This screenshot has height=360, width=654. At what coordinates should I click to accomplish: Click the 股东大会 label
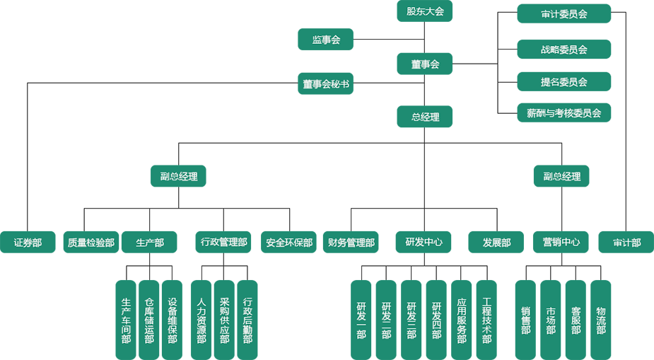coord(425,11)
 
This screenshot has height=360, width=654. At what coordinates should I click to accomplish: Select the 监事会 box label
coord(326,40)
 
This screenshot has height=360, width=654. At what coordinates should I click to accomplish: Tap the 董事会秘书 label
coord(326,84)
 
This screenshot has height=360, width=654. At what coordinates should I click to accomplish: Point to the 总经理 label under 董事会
coord(425,117)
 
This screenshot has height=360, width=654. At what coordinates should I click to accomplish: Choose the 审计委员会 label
coord(564,14)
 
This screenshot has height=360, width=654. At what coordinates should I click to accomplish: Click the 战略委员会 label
coord(564,50)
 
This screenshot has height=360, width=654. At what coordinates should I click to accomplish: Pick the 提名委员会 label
coord(564,82)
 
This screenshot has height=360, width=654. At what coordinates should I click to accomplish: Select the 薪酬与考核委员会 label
coord(564,113)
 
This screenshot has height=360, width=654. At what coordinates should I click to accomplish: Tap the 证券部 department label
coord(28,243)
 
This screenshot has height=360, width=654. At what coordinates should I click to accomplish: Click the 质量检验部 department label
coord(90,243)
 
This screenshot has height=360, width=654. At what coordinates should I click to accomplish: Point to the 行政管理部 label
coord(223,243)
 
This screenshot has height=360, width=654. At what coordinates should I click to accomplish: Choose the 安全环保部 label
coord(288,243)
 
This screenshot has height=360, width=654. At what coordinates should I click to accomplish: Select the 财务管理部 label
coord(351,243)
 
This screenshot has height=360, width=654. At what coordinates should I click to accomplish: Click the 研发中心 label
coord(424,242)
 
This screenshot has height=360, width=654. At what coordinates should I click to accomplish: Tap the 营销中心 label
coord(561,242)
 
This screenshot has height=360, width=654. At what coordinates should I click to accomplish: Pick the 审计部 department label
coord(626,243)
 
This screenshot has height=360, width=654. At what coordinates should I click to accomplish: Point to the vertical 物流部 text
coord(601,320)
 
